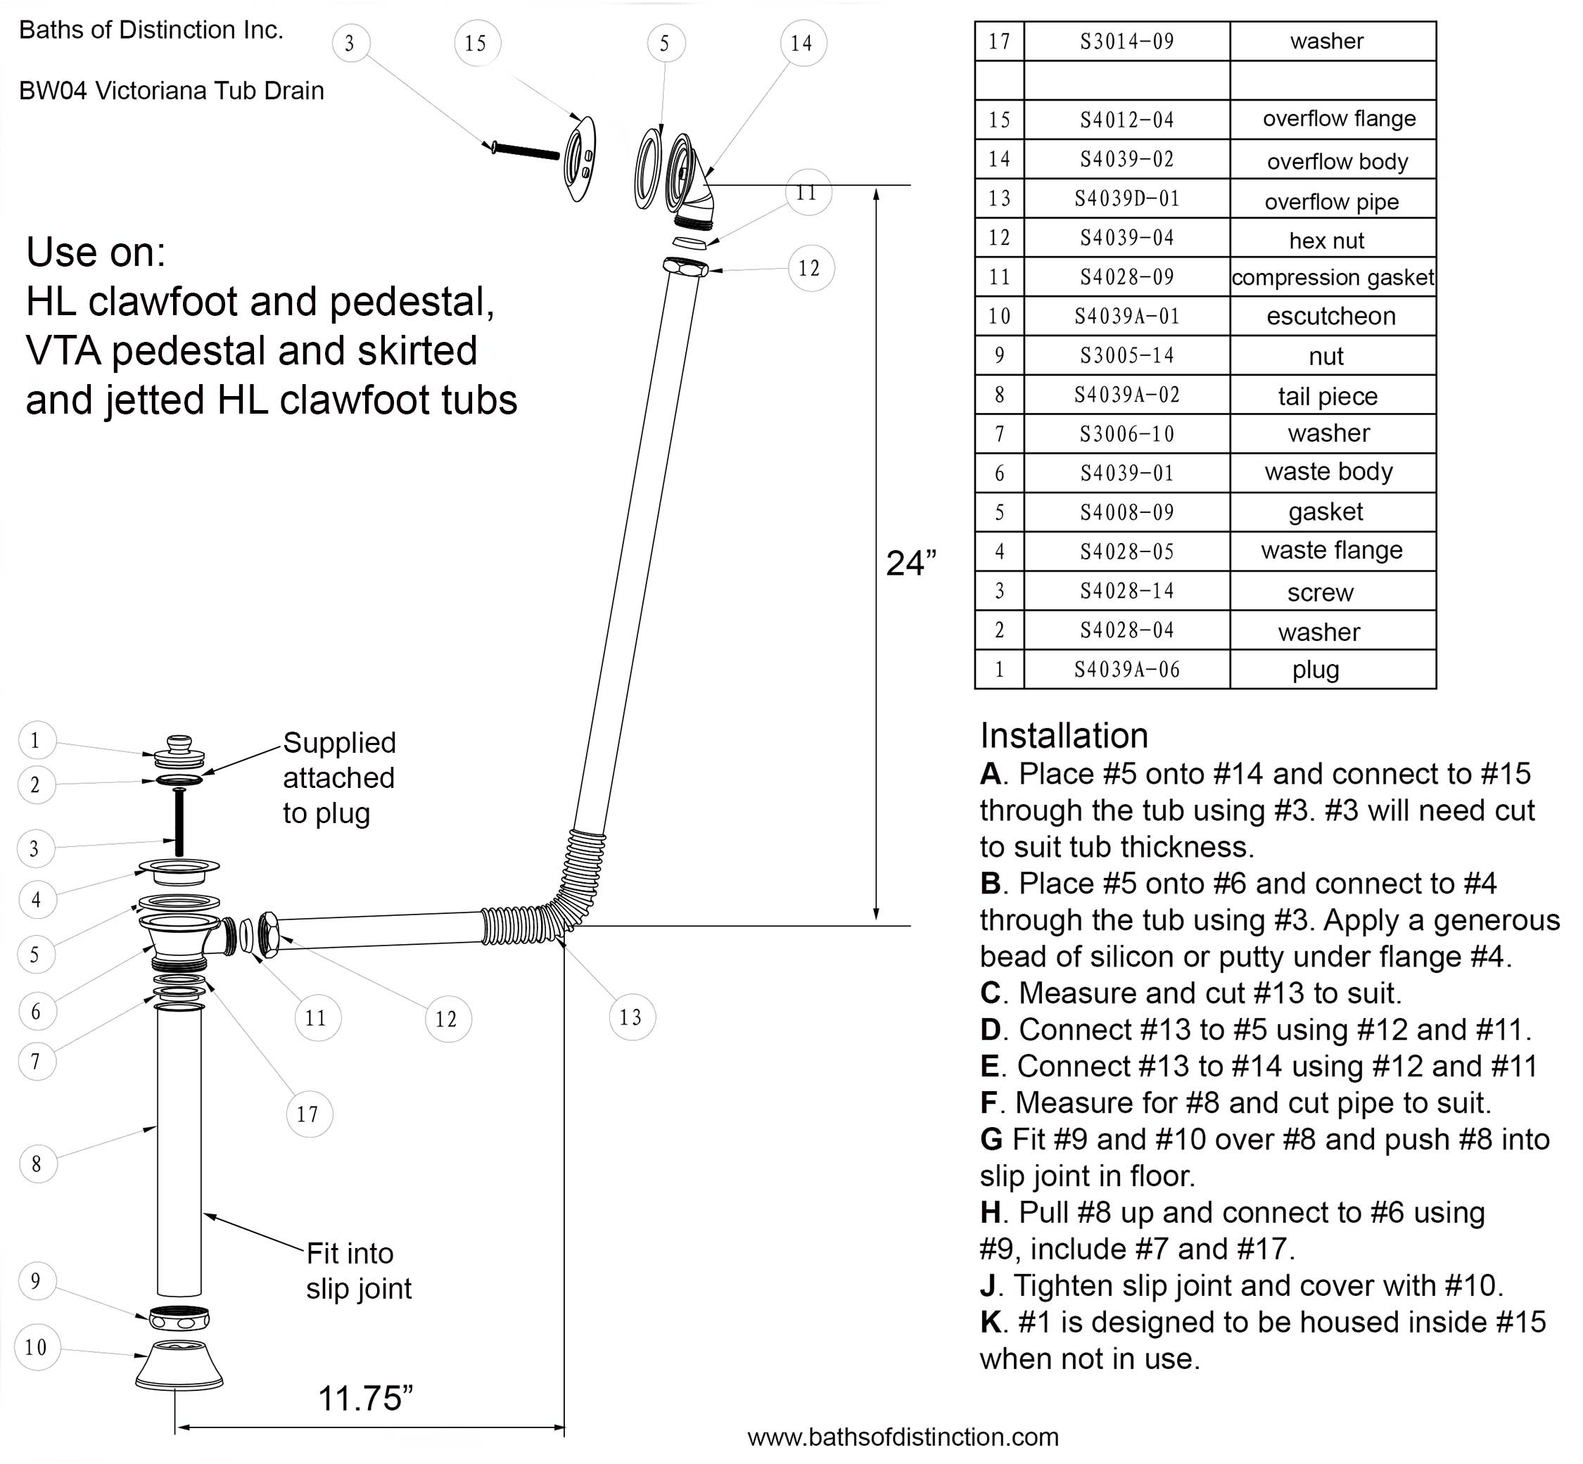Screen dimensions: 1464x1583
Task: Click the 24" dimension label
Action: coord(910,564)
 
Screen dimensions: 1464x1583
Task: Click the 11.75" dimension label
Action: coord(365,1399)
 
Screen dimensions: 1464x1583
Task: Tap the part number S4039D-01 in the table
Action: coord(1126,198)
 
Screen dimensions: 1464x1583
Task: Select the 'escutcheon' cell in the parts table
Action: coord(1331,316)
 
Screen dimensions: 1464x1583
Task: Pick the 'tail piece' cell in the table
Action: coord(1328,395)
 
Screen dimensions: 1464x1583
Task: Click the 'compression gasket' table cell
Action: coord(1333,277)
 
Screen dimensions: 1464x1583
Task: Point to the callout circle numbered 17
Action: coord(308,1114)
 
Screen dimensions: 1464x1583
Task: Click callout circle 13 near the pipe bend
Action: coord(632,1017)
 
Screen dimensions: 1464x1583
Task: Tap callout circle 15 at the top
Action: coord(476,43)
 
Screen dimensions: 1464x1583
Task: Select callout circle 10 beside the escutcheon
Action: coord(37,1347)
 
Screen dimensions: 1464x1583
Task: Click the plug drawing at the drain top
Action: coord(180,752)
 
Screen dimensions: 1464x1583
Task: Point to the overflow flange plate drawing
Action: coord(579,158)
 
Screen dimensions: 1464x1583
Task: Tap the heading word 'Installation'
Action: coord(1063,735)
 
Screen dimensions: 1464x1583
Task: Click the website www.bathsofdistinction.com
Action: coord(903,1437)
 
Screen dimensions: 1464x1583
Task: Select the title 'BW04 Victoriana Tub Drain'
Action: coord(171,90)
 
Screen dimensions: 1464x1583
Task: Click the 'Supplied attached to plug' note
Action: coord(338,777)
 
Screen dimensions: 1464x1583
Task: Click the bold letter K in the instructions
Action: coord(991,1322)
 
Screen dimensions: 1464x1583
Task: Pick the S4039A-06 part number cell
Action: coord(1126,670)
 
